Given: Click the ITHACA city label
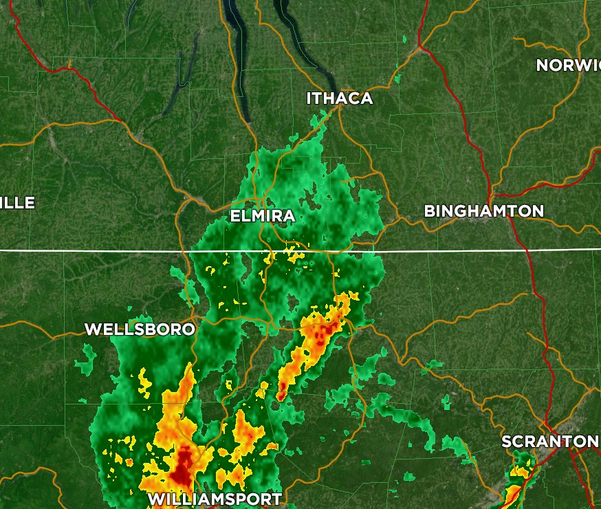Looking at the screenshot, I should [339, 98].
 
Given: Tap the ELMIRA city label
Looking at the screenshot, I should [262, 216].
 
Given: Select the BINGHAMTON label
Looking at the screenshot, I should [483, 211].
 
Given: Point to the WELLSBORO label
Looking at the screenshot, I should [140, 329].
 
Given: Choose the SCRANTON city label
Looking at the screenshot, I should [549, 441].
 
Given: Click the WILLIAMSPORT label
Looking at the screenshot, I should [215, 499].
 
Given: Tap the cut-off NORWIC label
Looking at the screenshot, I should [568, 65].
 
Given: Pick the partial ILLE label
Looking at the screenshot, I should [17, 202].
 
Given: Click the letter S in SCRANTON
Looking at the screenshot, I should [507, 441].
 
